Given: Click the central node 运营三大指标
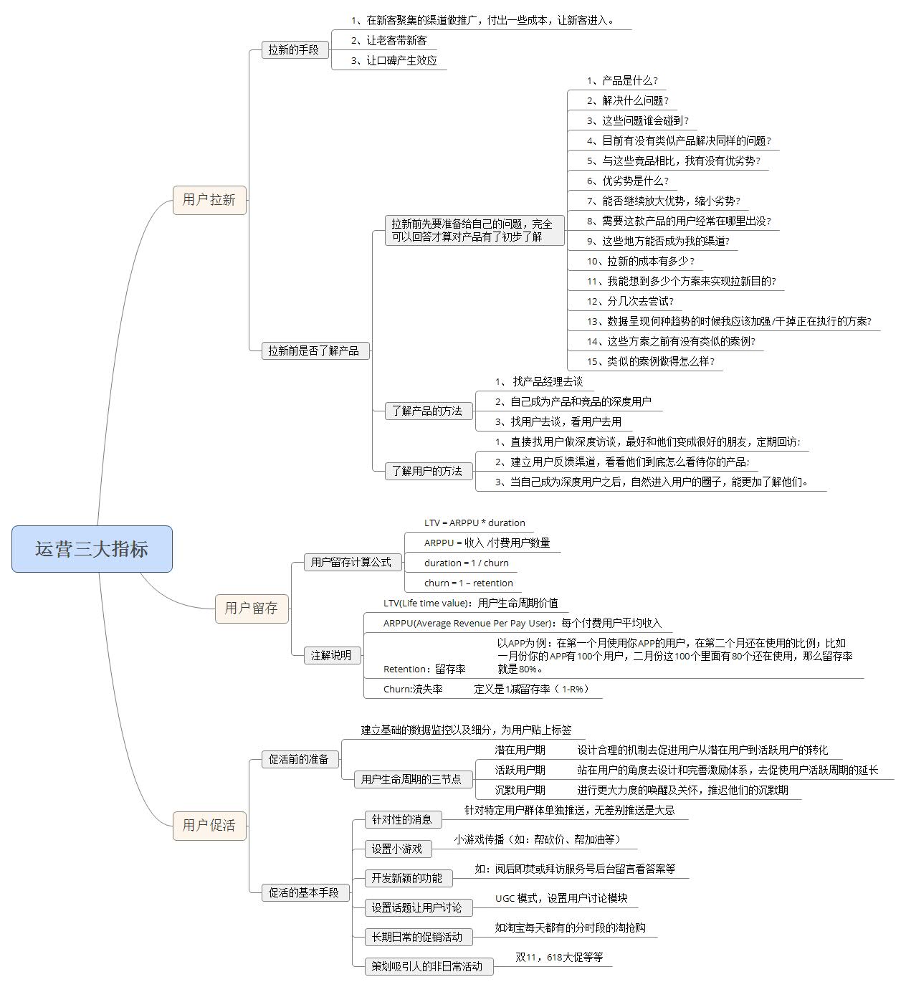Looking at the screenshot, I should (x=92, y=549).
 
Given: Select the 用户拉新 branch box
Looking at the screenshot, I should (x=209, y=199).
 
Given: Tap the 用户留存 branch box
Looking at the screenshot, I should (x=252, y=608).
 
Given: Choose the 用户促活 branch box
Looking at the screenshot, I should (x=209, y=825).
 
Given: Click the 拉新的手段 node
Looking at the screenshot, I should (x=294, y=49).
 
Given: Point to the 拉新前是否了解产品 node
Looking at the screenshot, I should (x=314, y=351).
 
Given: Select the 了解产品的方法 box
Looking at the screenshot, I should (x=428, y=411).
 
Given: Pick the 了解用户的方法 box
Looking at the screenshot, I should (x=428, y=471).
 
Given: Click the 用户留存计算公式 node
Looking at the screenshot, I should (x=351, y=562).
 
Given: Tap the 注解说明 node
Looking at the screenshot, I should (x=331, y=654).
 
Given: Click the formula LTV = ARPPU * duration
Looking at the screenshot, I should (x=475, y=523).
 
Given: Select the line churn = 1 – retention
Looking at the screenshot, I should (x=469, y=583).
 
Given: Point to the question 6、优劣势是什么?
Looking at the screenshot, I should (x=628, y=181).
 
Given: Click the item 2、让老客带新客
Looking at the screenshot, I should (x=389, y=40).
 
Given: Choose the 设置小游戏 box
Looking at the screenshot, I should (x=397, y=849).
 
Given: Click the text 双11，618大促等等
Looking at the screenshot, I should (x=560, y=957).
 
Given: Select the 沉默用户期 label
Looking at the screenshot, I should (x=520, y=790).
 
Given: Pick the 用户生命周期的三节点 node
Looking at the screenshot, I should (x=411, y=779).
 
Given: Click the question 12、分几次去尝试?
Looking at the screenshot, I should (x=631, y=301).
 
